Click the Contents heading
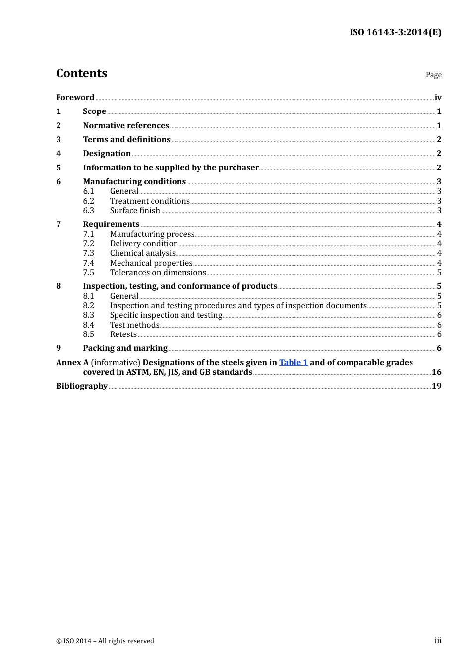82,73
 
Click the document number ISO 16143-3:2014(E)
395,32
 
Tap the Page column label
433,75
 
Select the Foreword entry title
75,97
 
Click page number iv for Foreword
438,98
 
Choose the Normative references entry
126,125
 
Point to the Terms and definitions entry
126,139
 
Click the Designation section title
107,154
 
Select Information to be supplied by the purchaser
171,167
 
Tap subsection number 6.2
89,201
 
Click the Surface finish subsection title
135,210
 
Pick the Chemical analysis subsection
143,253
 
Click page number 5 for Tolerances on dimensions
439,273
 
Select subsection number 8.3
89,315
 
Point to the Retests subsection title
123,334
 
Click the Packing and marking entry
125,348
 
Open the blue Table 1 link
294,362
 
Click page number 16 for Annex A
436,372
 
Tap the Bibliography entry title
82,386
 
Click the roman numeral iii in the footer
438,641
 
